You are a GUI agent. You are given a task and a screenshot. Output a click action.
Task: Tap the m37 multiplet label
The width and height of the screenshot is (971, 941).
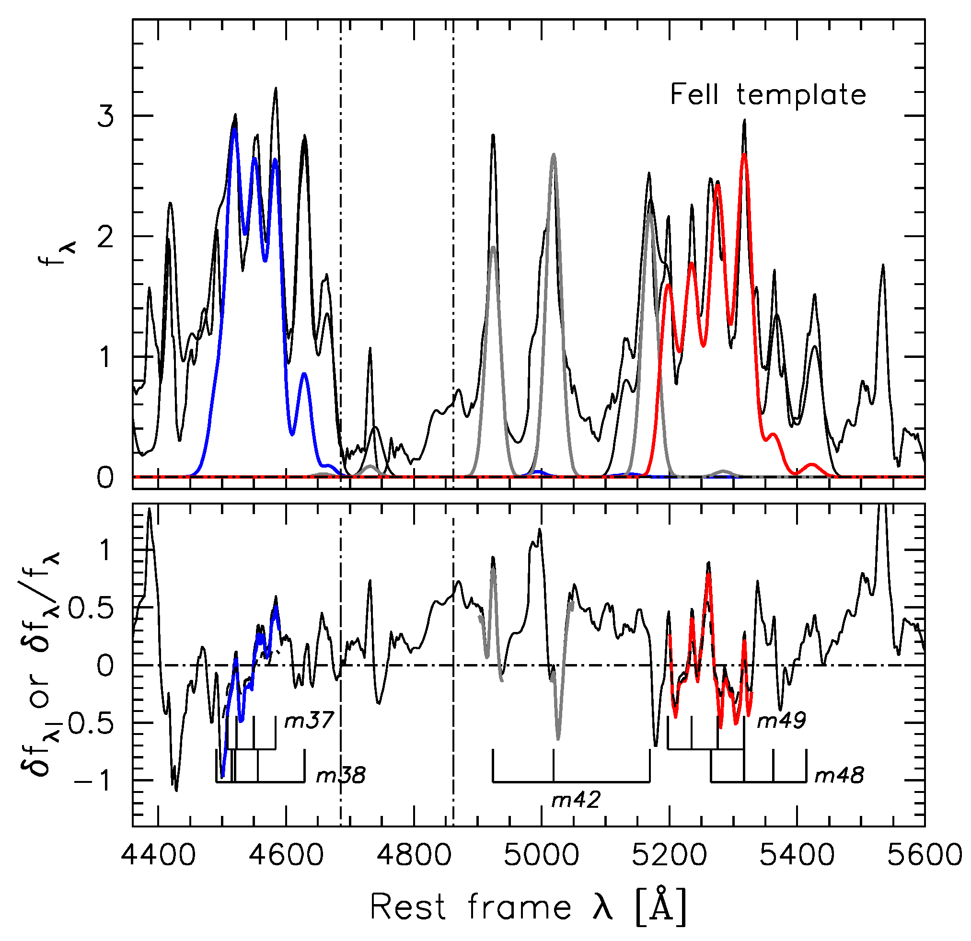click(309, 720)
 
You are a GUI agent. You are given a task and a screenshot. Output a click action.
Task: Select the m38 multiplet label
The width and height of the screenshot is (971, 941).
click(341, 775)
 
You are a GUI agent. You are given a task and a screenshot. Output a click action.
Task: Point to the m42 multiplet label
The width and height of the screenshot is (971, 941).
click(576, 799)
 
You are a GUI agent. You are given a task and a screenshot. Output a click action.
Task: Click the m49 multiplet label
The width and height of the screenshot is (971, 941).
click(781, 720)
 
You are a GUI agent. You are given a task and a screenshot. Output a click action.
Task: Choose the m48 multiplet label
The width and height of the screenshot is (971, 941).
click(839, 775)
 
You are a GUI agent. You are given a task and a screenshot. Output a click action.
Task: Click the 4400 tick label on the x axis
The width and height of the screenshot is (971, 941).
click(158, 855)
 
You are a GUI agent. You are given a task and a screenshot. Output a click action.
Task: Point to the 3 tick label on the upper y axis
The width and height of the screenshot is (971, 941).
click(105, 117)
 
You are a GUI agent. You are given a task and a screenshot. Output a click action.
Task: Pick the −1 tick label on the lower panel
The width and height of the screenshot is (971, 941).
click(91, 781)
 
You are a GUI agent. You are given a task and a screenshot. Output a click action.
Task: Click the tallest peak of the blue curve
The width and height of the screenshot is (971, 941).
click(234, 128)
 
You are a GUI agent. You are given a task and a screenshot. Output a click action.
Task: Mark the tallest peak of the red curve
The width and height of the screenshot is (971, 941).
click(744, 155)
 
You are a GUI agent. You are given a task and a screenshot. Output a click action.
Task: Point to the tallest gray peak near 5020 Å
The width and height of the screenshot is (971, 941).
click(554, 155)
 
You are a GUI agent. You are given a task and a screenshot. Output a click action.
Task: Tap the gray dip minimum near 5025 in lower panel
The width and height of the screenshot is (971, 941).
click(558, 738)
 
